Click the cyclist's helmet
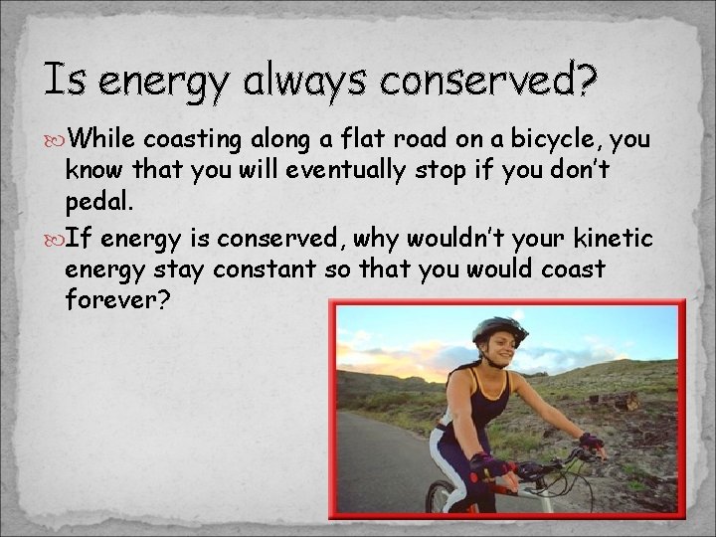tap(498, 329)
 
